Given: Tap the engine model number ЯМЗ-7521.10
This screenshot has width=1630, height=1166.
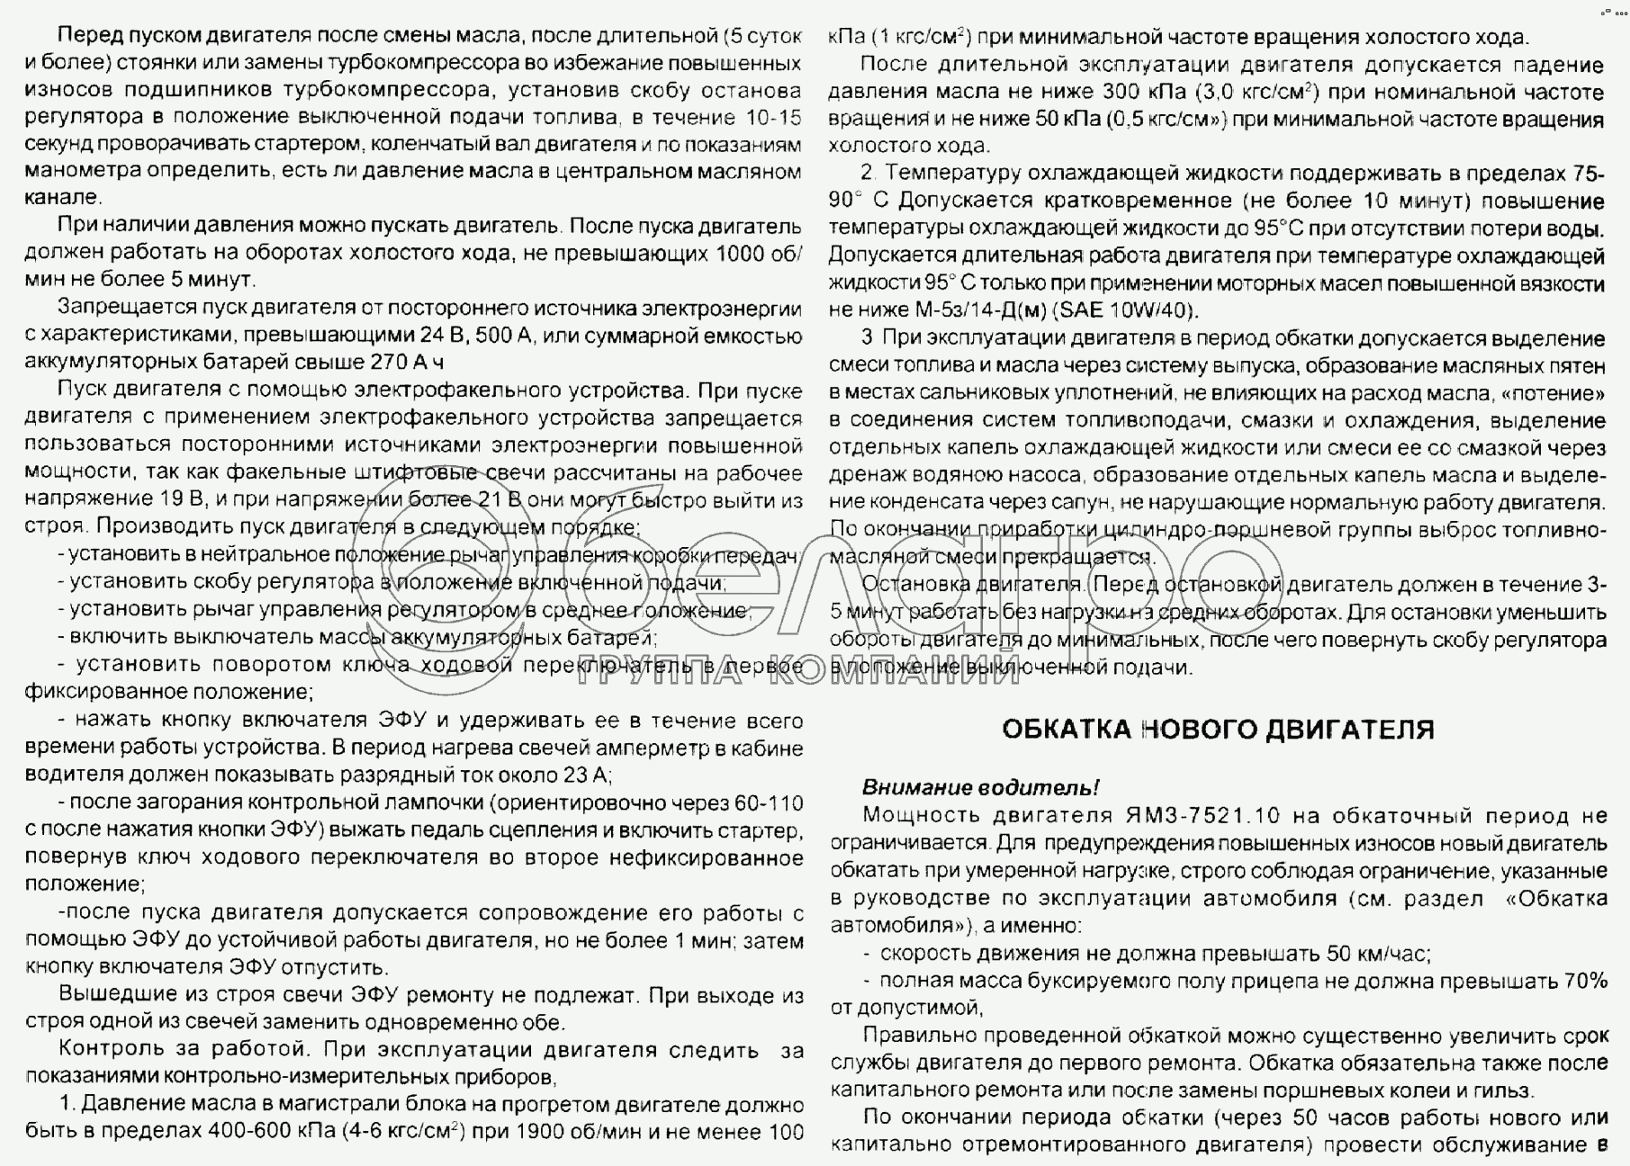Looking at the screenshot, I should pyautogui.click(x=1202, y=816).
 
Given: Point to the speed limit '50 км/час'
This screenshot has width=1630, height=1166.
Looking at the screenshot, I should pyautogui.click(x=1378, y=954).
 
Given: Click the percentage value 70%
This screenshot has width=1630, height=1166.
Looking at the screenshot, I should pyautogui.click(x=1585, y=981).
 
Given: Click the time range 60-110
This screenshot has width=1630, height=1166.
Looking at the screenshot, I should pyautogui.click(x=767, y=803).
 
